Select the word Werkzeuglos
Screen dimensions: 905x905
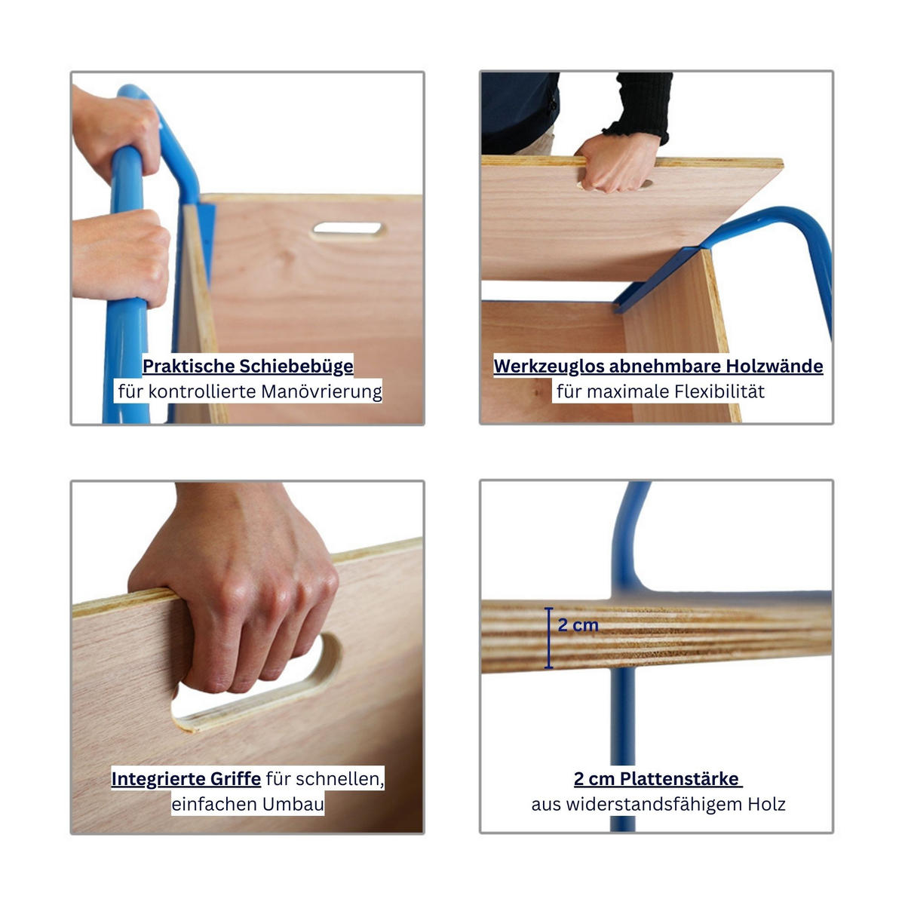[548, 367]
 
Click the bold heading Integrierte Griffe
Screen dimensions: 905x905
[186, 778]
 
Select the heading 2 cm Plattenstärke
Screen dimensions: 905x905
[657, 778]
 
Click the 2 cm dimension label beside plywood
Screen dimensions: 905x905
[578, 624]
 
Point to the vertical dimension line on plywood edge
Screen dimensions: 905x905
[549, 638]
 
